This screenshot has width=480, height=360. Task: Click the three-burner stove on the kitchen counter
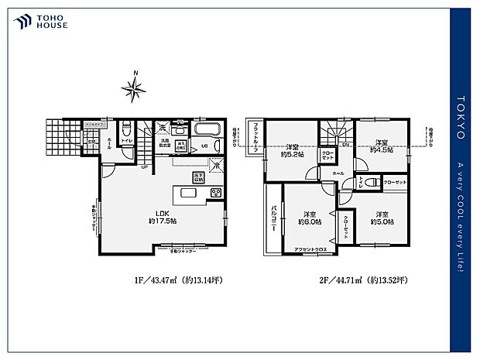(216, 194)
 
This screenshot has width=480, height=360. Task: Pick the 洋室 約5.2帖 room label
(292, 150)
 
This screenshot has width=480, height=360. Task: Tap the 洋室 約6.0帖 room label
(310, 218)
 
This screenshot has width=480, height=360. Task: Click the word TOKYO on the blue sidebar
(461, 117)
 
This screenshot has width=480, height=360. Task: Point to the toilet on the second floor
(371, 183)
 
